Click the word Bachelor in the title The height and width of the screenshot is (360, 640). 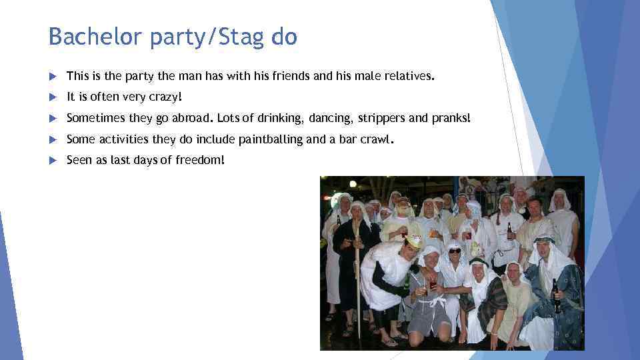click(x=96, y=37)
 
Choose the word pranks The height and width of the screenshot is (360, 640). click(x=451, y=119)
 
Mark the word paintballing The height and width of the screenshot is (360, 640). click(x=269, y=140)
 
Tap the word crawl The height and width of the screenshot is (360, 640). click(x=376, y=140)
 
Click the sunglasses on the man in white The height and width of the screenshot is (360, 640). click(x=454, y=251)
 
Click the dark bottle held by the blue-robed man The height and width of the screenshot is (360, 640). click(x=556, y=295)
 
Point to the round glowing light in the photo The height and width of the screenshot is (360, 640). click(x=352, y=183)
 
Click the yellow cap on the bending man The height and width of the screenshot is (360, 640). click(x=414, y=239)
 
